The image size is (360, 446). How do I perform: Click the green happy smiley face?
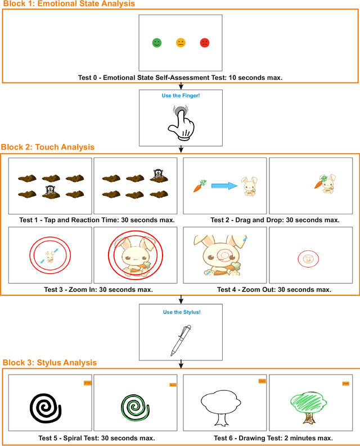click(x=156, y=42)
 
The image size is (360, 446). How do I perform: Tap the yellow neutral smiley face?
click(x=181, y=42)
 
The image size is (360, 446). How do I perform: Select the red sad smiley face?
click(x=205, y=42)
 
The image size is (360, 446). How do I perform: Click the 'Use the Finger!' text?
click(x=181, y=96)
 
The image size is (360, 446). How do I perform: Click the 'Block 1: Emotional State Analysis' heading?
click(x=68, y=4)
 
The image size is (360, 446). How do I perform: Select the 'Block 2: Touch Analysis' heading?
click(x=48, y=147)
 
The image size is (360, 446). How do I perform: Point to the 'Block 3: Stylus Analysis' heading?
click(x=50, y=363)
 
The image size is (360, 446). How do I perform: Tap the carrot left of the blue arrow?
click(x=200, y=186)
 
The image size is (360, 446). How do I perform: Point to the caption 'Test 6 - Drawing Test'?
click(x=273, y=438)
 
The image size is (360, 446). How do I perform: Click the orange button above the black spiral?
click(x=87, y=383)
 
